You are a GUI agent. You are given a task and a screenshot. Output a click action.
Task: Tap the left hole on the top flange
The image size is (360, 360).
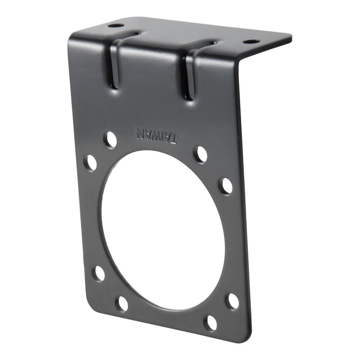click(x=116, y=26)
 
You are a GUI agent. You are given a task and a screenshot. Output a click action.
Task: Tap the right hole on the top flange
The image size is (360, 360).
click(x=251, y=42)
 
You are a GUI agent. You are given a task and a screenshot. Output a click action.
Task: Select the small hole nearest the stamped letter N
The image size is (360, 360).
click(x=111, y=139)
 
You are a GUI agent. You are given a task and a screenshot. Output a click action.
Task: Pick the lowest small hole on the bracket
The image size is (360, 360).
click(x=210, y=323)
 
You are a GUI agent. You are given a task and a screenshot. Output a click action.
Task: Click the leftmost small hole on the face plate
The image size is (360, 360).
click(x=90, y=162)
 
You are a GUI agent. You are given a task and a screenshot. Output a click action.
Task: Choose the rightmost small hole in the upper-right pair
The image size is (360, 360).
click(x=226, y=186)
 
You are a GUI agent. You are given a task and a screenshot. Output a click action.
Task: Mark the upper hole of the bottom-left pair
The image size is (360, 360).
click(x=98, y=274)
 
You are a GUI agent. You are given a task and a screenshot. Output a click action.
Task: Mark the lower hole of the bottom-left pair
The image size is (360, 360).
click(x=122, y=304)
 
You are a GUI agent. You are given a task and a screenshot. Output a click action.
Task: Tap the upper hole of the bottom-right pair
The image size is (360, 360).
click(x=232, y=301)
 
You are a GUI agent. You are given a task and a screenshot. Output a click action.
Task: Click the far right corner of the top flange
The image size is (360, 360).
click(x=291, y=36)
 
